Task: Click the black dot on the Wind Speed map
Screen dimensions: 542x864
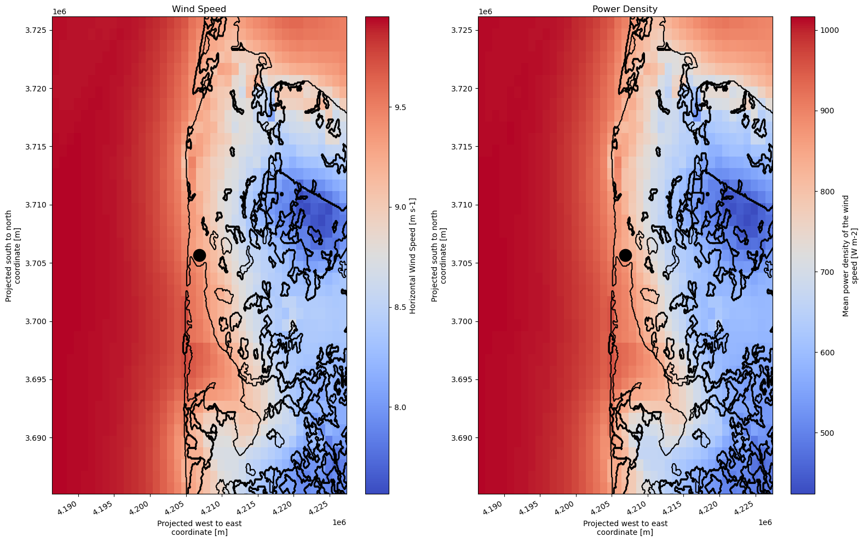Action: tap(199, 255)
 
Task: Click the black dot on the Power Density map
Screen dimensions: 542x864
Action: tap(625, 255)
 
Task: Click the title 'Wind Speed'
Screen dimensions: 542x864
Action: tap(199, 9)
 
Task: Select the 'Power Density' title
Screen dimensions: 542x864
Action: tap(625, 9)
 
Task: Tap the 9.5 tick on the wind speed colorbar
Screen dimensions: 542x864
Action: tap(400, 107)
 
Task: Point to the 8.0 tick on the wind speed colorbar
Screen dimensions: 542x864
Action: tap(400, 407)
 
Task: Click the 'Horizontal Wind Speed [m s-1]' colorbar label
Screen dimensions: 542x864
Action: tap(413, 256)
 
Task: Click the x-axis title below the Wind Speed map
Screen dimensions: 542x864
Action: tap(199, 527)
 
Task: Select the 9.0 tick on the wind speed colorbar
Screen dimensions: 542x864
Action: tap(400, 207)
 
